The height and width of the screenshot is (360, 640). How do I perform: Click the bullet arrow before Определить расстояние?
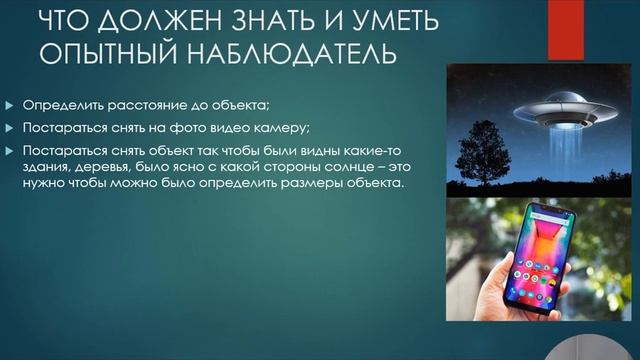point(11,105)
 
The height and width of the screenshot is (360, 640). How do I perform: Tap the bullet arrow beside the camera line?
point(11,127)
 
